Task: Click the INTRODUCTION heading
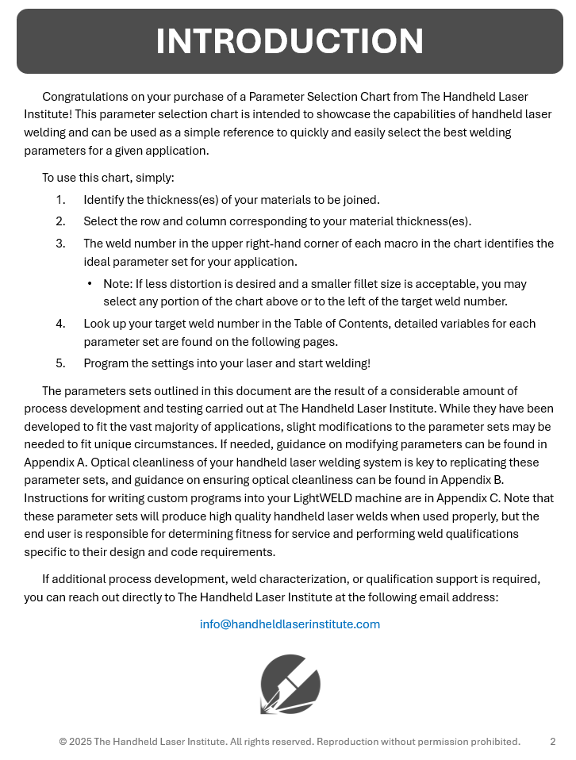point(290,41)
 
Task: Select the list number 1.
point(61,200)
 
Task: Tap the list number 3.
point(61,244)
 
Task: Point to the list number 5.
point(61,363)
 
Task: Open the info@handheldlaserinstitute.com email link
point(290,624)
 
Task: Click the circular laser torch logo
point(290,684)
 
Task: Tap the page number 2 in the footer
point(552,742)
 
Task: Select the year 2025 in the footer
point(80,742)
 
